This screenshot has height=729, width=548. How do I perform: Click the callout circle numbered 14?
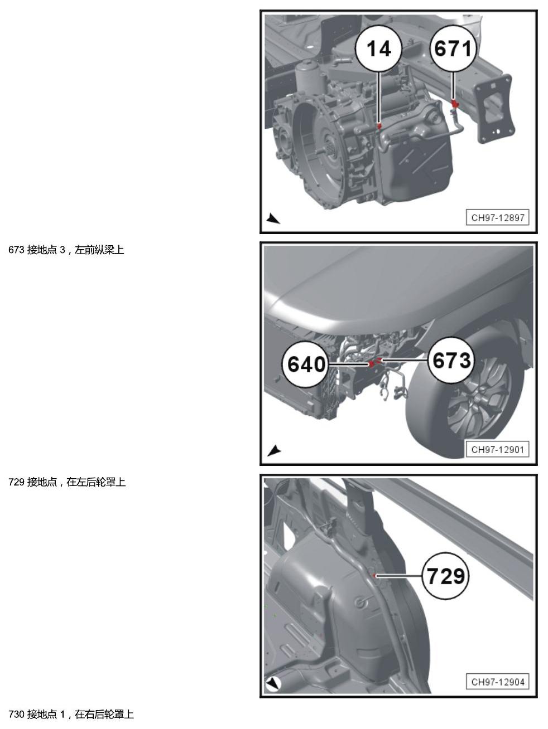coord(378,49)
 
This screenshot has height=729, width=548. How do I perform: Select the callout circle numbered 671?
coord(453,49)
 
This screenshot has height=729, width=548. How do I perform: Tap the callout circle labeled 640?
coord(306,365)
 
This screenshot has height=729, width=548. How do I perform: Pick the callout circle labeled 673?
coord(451,361)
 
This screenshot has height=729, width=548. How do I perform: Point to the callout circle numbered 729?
coord(445,576)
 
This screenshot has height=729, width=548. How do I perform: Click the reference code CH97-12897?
coord(497,218)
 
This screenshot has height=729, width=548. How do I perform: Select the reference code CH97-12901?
coord(497,450)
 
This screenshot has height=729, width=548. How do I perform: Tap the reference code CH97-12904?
coord(497,682)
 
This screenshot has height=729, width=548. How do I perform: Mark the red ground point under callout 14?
coord(379,126)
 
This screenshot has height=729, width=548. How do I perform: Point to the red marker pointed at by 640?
coord(372,364)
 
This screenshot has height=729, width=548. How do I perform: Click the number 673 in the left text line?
coord(16,250)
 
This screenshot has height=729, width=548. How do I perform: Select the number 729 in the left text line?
coord(16,482)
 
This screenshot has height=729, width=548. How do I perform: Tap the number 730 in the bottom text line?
coord(16,714)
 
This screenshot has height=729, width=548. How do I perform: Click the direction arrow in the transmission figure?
coord(273,218)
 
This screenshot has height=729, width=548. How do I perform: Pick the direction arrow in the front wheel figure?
coord(274,451)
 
